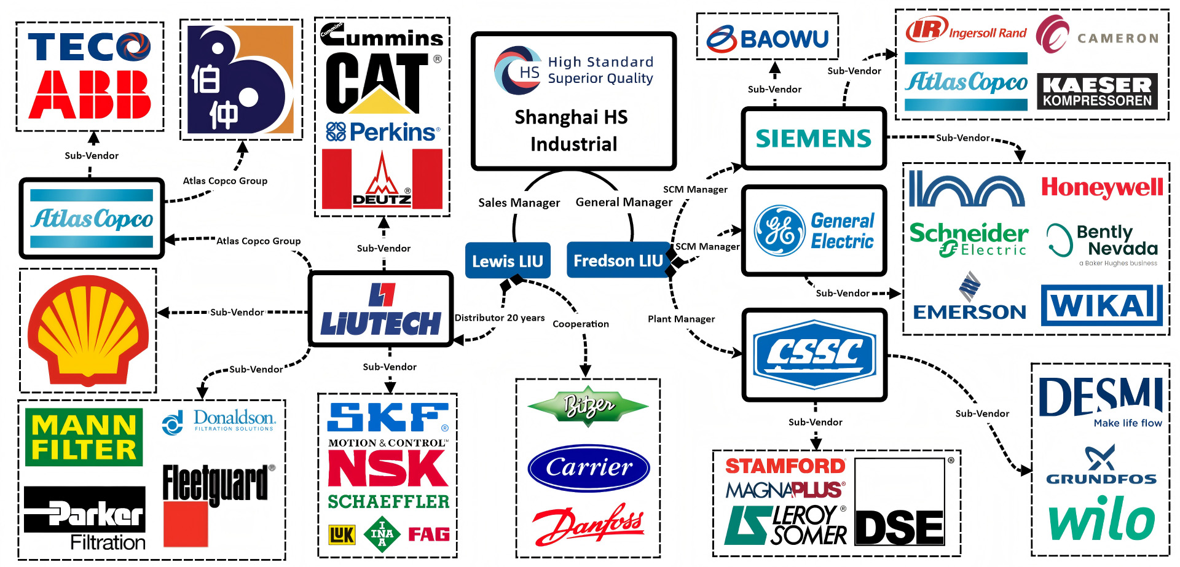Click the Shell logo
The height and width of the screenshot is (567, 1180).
pos(88,330)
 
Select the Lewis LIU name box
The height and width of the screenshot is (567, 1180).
pos(507,260)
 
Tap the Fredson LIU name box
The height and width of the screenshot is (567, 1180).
pos(618,260)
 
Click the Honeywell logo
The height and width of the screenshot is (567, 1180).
pos(1102,187)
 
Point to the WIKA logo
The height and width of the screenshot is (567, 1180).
pos(1102,305)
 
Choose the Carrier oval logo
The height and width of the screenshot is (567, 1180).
pos(589,467)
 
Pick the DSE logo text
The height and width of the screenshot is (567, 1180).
pos(900,528)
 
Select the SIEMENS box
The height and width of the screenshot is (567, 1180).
pos(814,138)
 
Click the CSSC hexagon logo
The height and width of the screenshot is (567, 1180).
pos(815,354)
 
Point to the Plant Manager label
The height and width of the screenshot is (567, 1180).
pos(681,319)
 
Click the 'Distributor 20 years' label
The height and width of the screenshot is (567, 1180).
pos(500,318)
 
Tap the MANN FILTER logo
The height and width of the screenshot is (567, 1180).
pos(84,437)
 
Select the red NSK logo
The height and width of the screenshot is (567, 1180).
pos(388,469)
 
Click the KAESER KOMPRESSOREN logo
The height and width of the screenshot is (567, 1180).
pos(1097,92)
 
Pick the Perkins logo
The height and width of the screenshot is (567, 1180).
pos(383,132)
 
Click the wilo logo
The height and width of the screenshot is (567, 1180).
pos(1101,518)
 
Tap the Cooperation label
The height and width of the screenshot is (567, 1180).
pos(581,324)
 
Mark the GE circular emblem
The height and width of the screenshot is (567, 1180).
pos(780,231)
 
